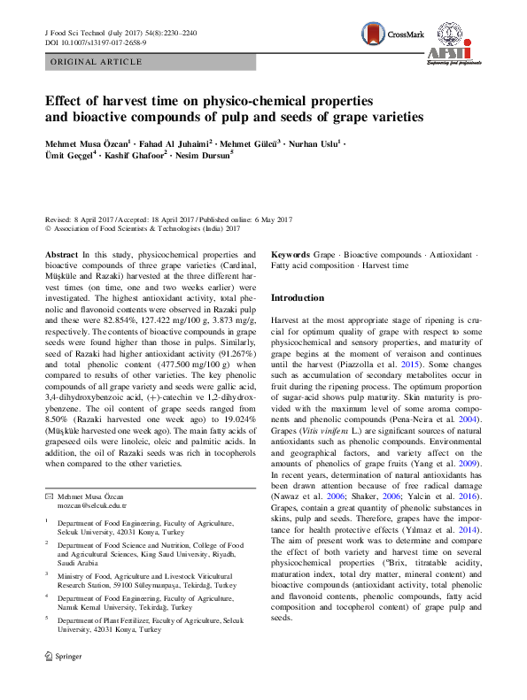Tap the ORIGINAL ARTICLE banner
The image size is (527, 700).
(97, 63)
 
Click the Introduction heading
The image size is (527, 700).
(297, 298)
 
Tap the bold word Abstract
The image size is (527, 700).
(60, 254)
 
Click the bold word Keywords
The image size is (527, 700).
(290, 254)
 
